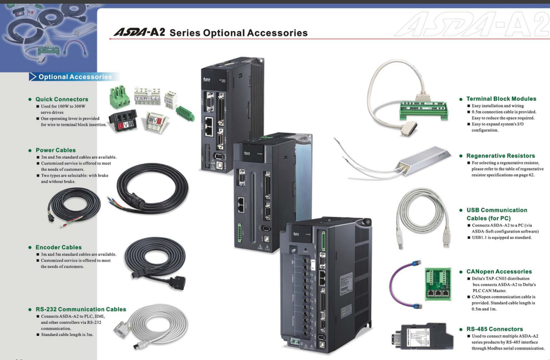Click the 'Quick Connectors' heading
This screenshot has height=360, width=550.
coord(62,99)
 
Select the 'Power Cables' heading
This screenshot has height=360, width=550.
coord(56,150)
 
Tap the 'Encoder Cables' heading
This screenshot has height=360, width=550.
coord(58,248)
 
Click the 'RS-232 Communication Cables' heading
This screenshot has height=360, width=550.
coord(81,309)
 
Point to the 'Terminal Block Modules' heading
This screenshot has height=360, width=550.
coord(501,99)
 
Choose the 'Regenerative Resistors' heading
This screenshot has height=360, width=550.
coord(501,156)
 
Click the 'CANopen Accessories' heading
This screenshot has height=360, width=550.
coord(499,272)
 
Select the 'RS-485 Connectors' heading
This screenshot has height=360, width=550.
coord(494,329)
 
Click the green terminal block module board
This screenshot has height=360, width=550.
coord(424,109)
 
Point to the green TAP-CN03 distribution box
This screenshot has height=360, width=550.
coord(437,284)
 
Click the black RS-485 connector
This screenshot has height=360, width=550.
coord(423,338)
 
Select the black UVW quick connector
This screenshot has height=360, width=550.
coord(123,120)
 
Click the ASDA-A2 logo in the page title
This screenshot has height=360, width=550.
coord(139,32)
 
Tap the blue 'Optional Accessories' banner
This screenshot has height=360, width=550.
coord(74,77)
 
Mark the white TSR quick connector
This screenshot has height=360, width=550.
coord(147,96)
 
